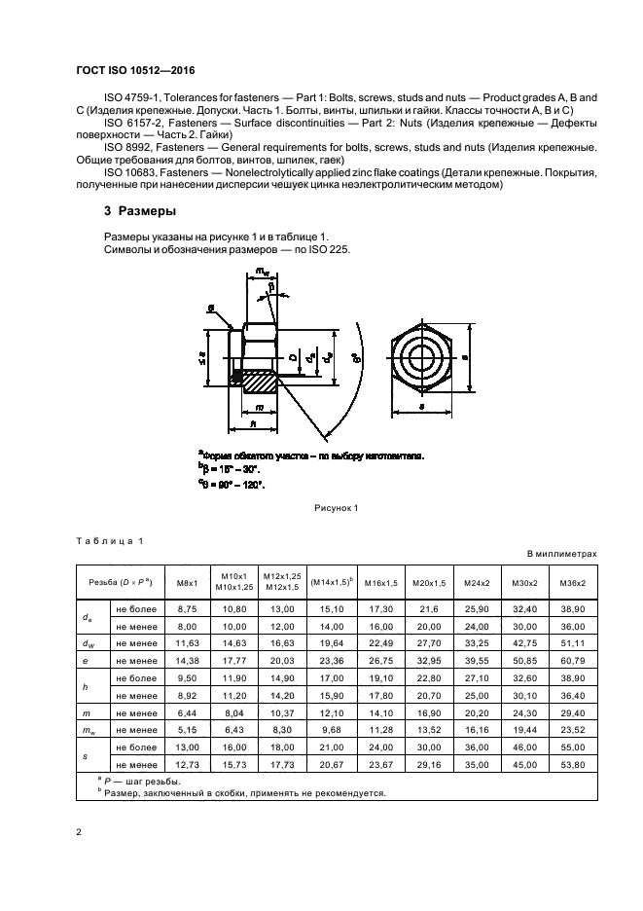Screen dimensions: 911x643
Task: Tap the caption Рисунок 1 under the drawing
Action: click(336, 507)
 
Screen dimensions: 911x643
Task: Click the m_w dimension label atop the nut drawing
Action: click(262, 272)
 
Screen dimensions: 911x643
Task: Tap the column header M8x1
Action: click(187, 583)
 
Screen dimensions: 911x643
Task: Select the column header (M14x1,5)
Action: click(331, 583)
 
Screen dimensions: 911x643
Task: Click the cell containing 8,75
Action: click(187, 607)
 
